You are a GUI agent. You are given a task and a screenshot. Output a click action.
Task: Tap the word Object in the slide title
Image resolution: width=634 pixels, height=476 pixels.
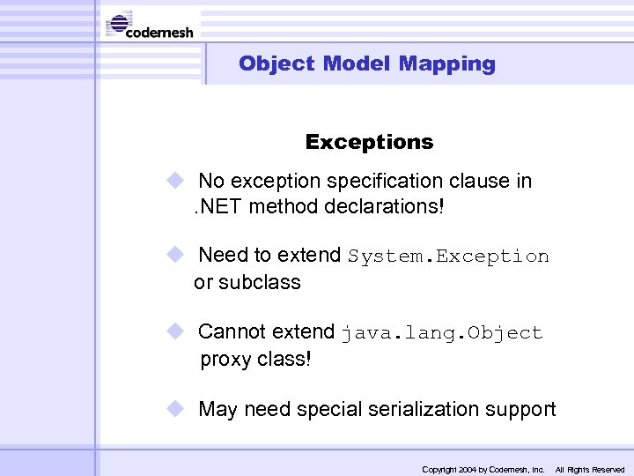(276, 63)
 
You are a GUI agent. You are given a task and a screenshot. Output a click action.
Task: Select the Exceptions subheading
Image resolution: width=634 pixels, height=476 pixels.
(369, 142)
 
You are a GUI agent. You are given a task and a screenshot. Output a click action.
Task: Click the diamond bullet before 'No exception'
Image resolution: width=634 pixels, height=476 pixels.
(175, 181)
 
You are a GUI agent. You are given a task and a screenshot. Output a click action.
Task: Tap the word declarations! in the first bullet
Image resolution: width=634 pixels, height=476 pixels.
(393, 208)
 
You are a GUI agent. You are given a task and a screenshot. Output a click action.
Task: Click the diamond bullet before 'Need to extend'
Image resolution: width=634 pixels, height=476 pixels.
(175, 255)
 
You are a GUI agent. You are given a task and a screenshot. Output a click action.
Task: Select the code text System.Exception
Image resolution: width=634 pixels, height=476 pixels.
(448, 257)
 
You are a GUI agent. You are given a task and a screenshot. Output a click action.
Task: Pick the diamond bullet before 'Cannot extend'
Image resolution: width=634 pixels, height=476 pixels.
(175, 331)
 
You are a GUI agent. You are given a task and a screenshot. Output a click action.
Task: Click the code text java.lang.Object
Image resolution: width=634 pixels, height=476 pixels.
(442, 333)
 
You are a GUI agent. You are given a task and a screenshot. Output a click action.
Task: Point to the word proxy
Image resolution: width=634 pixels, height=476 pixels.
(226, 360)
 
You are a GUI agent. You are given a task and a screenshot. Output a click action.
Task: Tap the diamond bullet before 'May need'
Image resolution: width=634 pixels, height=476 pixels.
(175, 409)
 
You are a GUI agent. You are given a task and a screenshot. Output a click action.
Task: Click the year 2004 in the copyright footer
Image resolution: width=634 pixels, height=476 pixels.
(467, 470)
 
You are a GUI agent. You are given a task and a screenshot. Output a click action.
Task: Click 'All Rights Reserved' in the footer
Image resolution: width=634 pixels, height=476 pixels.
(589, 470)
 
